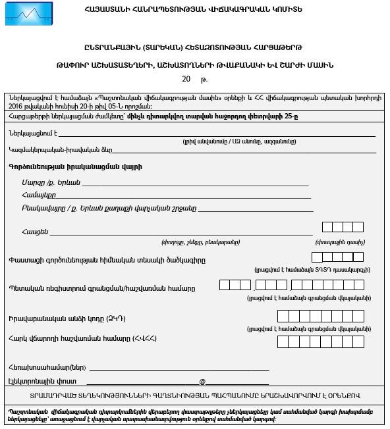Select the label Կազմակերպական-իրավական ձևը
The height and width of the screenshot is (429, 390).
coord(51,150)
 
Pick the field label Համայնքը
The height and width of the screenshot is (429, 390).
coord(38,195)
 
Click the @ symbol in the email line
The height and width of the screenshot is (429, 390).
coord(202,381)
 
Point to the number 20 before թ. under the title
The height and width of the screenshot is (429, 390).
coord(186,79)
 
